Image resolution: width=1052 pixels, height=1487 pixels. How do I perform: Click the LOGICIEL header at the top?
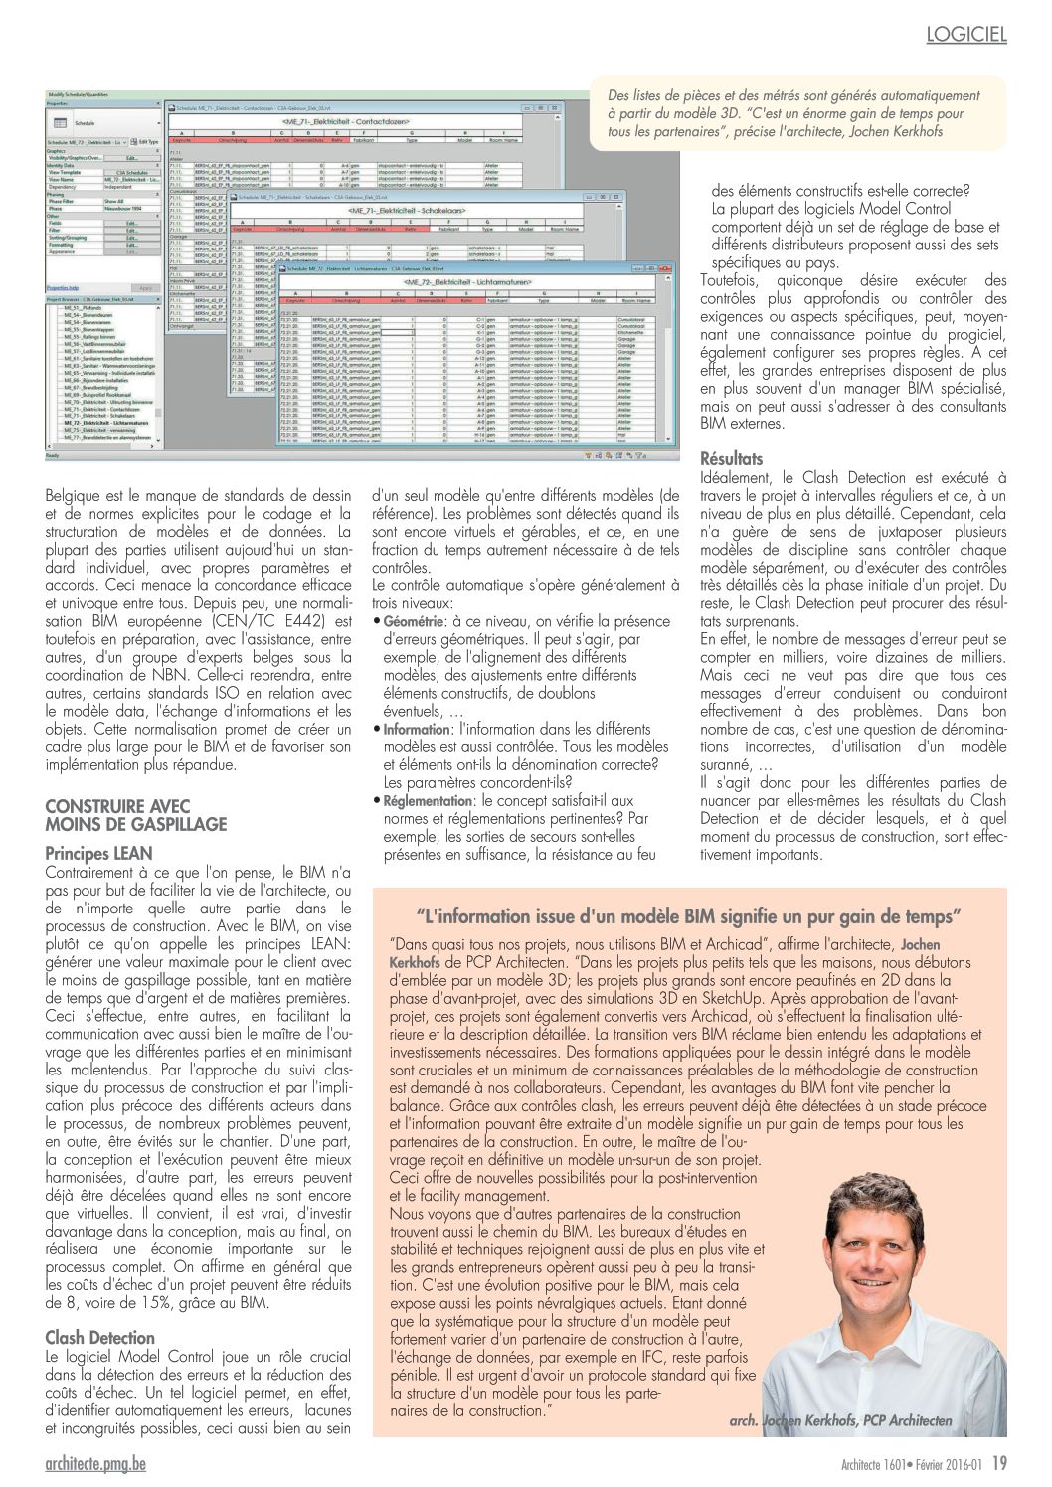[x=965, y=35]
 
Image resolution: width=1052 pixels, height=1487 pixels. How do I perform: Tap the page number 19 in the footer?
[x=999, y=1462]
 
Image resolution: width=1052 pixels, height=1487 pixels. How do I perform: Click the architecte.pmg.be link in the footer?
[x=95, y=1463]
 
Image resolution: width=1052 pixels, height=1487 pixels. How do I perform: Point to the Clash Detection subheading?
[x=100, y=1338]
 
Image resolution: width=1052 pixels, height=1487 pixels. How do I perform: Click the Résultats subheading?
[x=732, y=459]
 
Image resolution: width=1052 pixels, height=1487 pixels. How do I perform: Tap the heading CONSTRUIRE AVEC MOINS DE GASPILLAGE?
[x=136, y=815]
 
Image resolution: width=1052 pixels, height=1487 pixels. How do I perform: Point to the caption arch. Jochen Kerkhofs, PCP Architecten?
[x=839, y=1420]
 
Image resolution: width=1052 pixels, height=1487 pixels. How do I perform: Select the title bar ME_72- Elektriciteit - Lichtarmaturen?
[x=468, y=283]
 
